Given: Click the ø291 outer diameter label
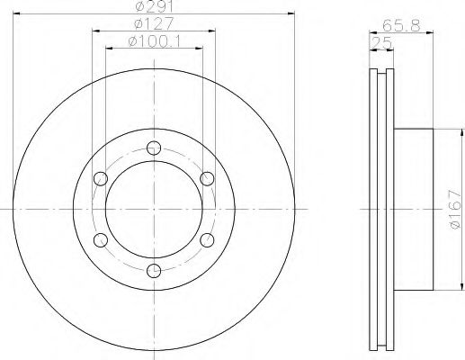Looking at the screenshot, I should point(155,8).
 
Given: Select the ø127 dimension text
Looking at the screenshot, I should point(155,24).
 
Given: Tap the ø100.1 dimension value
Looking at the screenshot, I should point(155,40).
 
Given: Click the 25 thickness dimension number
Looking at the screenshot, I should point(380,40).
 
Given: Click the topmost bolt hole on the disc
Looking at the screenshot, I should point(155,148).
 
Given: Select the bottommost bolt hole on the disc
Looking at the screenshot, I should point(155,269).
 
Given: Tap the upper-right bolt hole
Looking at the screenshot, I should point(207,178).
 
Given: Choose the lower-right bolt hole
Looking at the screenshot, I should point(207,238).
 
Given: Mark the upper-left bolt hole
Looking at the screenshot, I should point(103,178).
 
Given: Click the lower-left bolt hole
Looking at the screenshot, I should point(103,238).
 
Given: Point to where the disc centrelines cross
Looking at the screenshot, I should point(155,209).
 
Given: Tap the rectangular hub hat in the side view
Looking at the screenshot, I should point(415,209).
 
